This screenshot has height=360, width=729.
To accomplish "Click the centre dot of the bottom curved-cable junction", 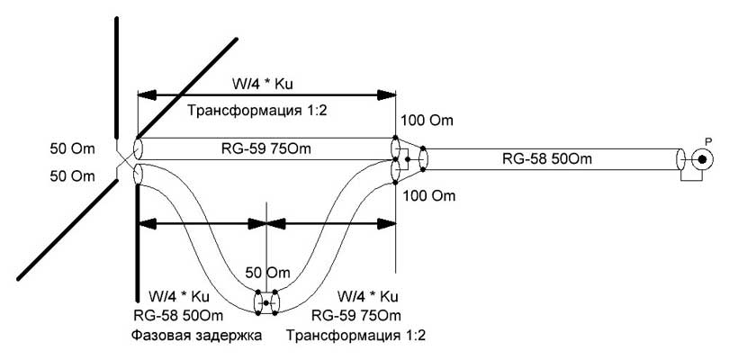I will coord(266,303).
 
